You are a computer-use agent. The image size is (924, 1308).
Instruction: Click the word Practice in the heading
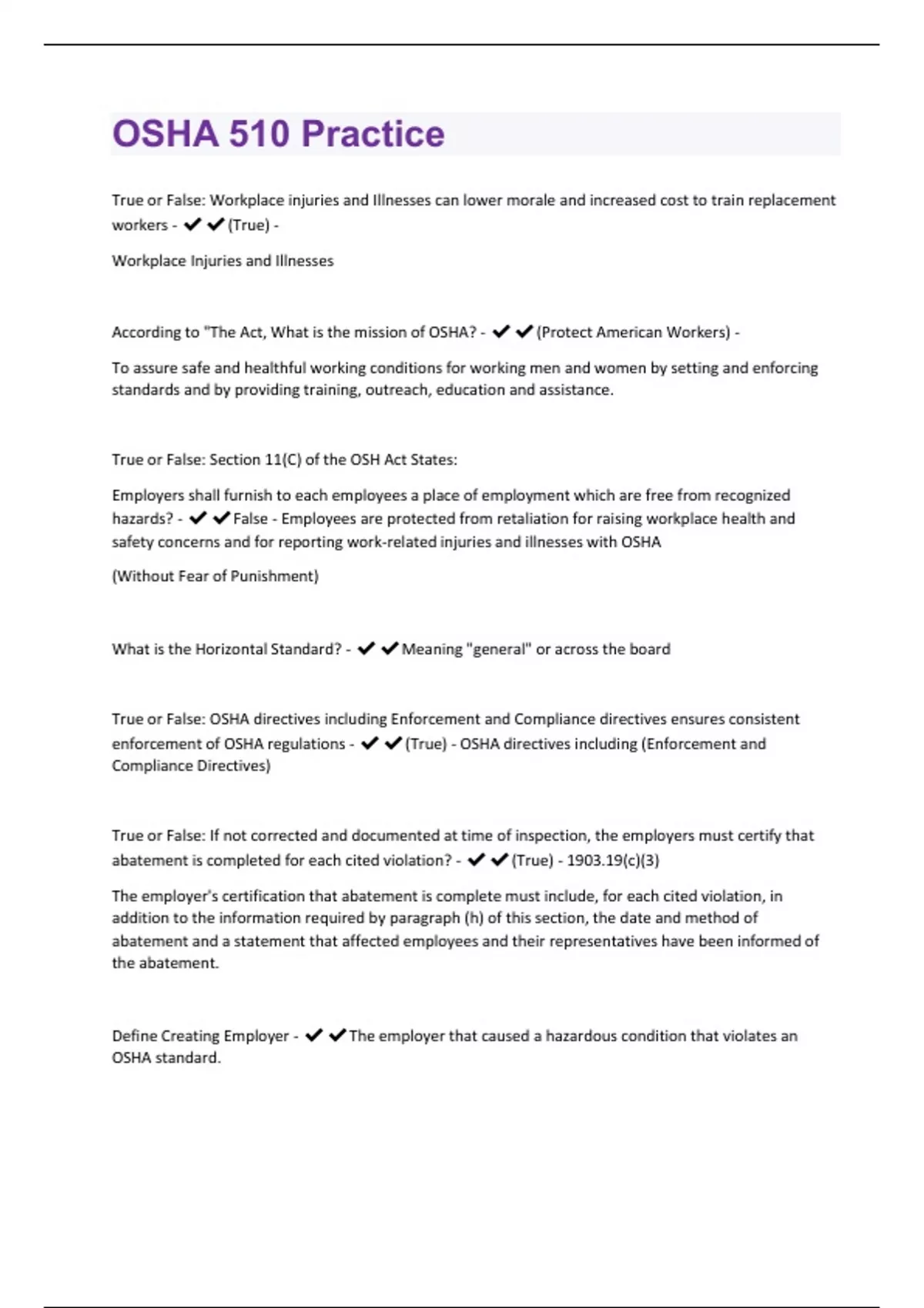click(373, 134)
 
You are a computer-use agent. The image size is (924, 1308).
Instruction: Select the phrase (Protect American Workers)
click(634, 332)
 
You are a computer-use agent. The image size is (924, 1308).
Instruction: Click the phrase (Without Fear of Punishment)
click(215, 576)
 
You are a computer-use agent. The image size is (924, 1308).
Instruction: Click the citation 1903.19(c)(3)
click(613, 860)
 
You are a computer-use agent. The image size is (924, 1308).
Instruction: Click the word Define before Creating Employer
click(134, 1036)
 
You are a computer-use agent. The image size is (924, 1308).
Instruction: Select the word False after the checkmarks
click(250, 519)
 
